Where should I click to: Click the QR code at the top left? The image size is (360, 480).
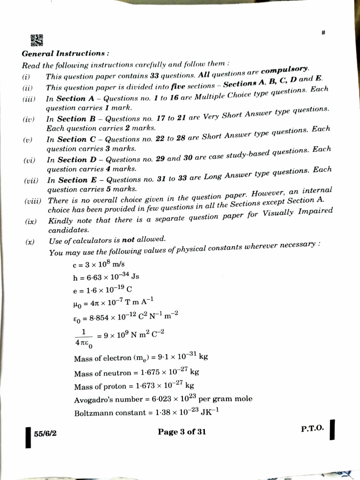tap(37, 40)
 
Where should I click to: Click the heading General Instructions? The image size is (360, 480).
tap(66, 54)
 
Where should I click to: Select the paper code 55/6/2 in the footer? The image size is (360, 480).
tap(45, 434)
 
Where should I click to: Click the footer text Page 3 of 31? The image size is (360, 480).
tap(182, 432)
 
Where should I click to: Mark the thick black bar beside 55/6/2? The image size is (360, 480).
tap(28, 436)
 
